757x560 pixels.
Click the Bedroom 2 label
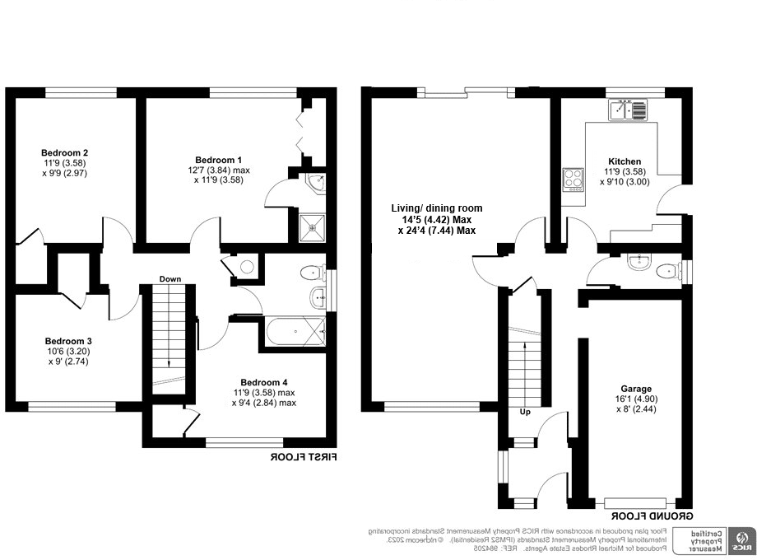click(65, 152)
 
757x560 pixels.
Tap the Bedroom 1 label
click(218, 159)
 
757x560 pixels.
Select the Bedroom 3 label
click(67, 341)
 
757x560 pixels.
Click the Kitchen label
click(625, 161)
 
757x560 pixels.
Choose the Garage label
click(636, 389)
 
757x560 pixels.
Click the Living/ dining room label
click(436, 208)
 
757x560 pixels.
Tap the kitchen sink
click(629, 109)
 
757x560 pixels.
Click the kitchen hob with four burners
click(572, 180)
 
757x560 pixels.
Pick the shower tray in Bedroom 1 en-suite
click(311, 225)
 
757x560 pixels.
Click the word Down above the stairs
click(170, 279)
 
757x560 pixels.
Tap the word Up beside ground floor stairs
click(524, 411)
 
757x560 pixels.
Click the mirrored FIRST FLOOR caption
click(304, 457)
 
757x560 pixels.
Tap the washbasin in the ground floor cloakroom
click(639, 263)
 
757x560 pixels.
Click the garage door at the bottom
click(634, 502)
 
